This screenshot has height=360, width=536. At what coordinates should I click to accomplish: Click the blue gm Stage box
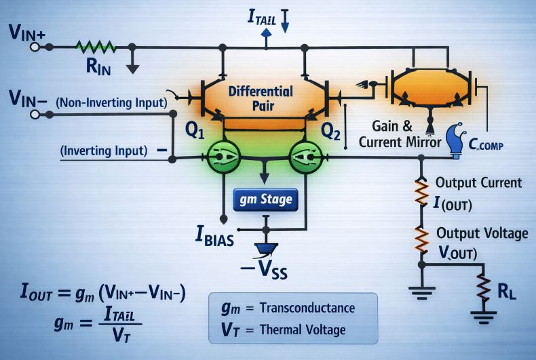(266, 199)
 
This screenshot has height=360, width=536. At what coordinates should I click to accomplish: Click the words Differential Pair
(261, 98)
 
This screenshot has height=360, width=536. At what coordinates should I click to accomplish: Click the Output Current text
(478, 182)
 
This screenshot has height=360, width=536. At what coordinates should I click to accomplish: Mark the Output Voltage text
(482, 233)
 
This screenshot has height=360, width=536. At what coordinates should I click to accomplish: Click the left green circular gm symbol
(223, 157)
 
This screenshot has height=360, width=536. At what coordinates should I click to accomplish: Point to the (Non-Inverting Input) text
(112, 103)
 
